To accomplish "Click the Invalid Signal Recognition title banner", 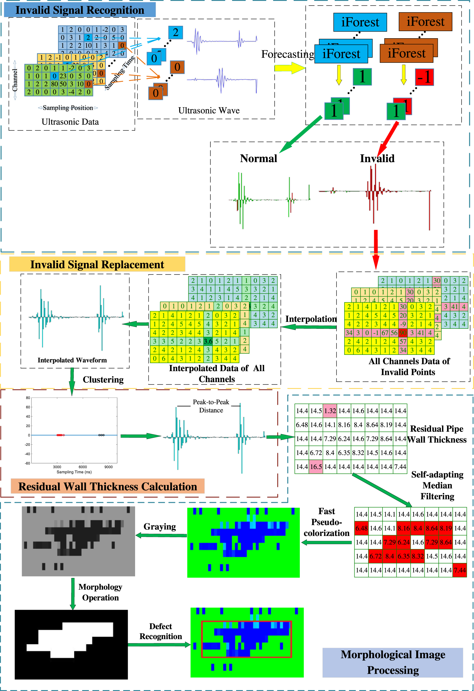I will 80,10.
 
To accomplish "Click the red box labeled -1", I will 424,77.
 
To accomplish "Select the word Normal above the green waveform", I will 258,159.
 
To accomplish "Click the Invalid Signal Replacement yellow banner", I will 97,264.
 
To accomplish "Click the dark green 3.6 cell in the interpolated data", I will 208,341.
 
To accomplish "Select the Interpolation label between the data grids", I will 311,319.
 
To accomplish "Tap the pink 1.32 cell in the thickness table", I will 330,411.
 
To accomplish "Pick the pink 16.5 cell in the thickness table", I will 316,467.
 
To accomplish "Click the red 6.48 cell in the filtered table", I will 361,528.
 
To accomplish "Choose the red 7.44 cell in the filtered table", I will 459,570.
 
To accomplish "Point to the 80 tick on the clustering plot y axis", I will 28,398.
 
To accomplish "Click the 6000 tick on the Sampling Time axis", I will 83,467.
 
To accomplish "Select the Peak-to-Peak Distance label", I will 211,406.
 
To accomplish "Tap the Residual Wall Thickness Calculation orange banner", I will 108,486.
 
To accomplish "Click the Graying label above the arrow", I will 160,526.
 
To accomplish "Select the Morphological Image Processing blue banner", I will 393,662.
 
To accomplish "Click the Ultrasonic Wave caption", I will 209,111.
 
